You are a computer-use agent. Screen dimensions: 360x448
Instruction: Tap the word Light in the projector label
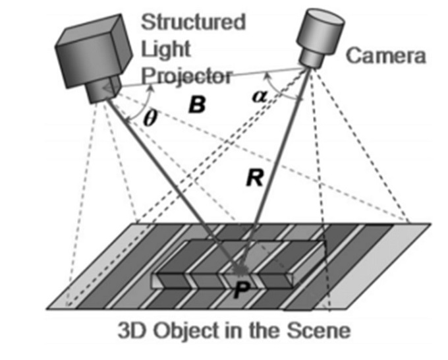tap(165, 48)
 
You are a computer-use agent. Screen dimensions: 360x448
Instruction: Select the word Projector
tap(188, 76)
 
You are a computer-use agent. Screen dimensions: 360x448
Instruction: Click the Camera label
tap(386, 56)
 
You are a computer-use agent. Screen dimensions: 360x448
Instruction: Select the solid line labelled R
tap(277, 165)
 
